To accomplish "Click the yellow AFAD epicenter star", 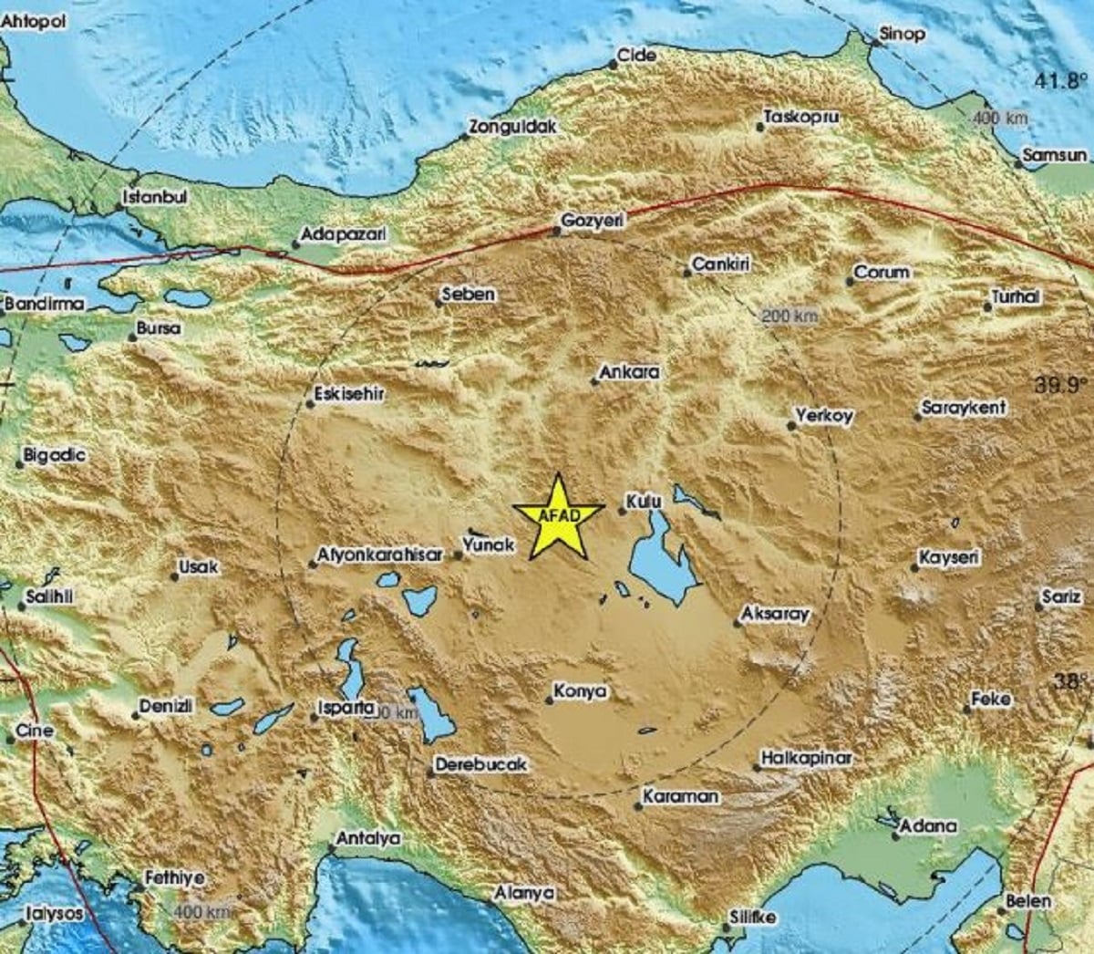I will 557,516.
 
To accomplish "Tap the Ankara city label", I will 629,372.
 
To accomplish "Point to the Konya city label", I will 580,692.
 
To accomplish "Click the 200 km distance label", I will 790,316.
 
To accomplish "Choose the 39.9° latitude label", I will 1062,386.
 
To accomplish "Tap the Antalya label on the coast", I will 368,838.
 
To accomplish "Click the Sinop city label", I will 901,34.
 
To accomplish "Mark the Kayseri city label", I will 949,557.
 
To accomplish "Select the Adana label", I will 928,826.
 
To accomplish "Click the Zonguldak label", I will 511,128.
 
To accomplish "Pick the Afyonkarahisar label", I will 379,555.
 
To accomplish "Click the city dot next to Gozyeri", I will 557,232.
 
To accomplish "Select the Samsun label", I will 1055,156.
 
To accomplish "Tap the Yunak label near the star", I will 489,544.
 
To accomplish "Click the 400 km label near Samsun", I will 999,119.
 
